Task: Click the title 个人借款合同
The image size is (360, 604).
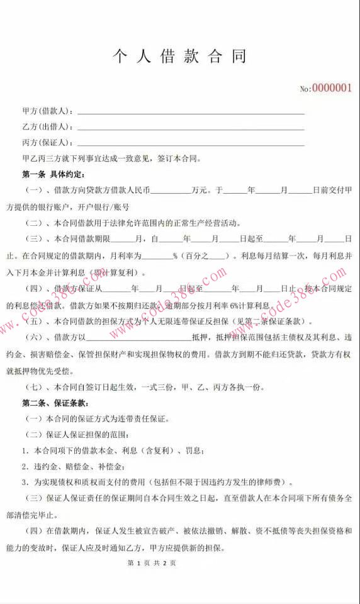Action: click(179, 56)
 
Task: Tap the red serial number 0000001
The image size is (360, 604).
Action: click(332, 88)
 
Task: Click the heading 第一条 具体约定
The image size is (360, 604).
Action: click(53, 174)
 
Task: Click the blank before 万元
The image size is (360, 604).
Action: click(171, 190)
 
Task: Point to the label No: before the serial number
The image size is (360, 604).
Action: click(305, 89)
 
